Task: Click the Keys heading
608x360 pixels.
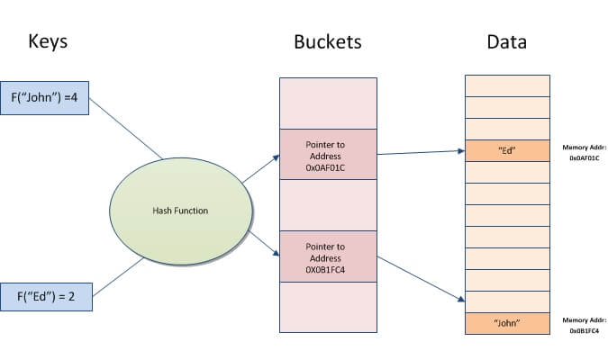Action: (48, 41)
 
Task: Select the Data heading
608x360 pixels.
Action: (506, 41)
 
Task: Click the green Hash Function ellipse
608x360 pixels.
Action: (179, 211)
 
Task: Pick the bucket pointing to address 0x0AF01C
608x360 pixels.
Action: (327, 154)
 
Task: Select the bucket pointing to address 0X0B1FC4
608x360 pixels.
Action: (327, 256)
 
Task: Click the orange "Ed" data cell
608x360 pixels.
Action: (506, 150)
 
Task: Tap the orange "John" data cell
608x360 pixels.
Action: (506, 323)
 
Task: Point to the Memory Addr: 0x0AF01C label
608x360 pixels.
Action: (585, 152)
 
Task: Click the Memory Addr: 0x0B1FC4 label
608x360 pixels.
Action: (585, 325)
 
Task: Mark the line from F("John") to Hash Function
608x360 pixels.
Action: (126, 129)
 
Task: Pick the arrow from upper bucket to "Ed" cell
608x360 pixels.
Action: (419, 151)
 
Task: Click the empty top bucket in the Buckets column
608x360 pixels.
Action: (327, 103)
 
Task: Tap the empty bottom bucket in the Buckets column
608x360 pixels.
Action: (327, 307)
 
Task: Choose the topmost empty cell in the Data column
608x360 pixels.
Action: (506, 85)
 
